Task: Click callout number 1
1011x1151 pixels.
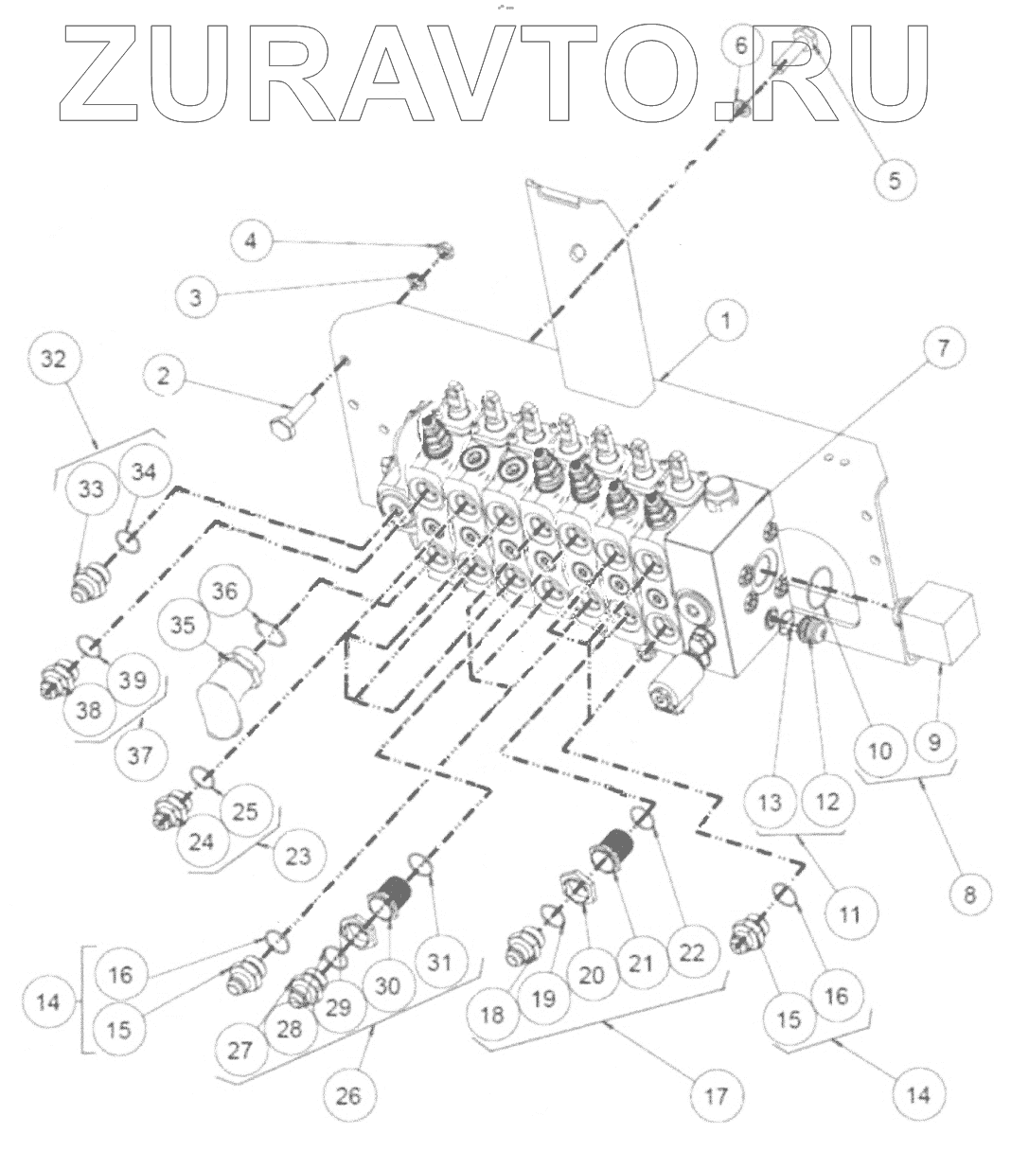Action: pyautogui.click(x=726, y=322)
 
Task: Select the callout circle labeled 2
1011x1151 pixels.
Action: pyautogui.click(x=164, y=376)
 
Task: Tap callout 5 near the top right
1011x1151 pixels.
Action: pyautogui.click(x=895, y=180)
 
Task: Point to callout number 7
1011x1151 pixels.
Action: pyautogui.click(x=942, y=347)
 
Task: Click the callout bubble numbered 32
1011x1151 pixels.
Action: pyautogui.click(x=54, y=359)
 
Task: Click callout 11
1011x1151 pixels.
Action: pyautogui.click(x=850, y=914)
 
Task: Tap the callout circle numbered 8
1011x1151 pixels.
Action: pyautogui.click(x=970, y=894)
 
